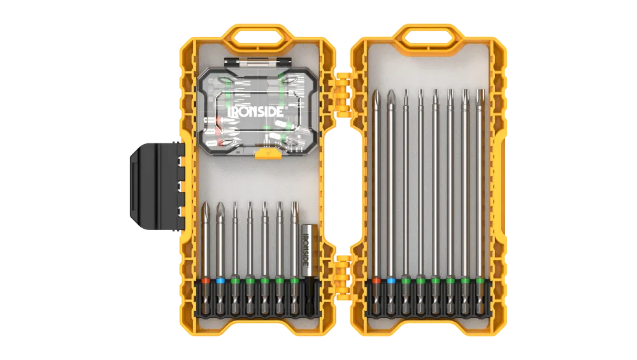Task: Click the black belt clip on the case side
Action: point(157,185)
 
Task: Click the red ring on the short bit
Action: point(206,280)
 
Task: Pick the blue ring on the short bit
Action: point(220,280)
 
